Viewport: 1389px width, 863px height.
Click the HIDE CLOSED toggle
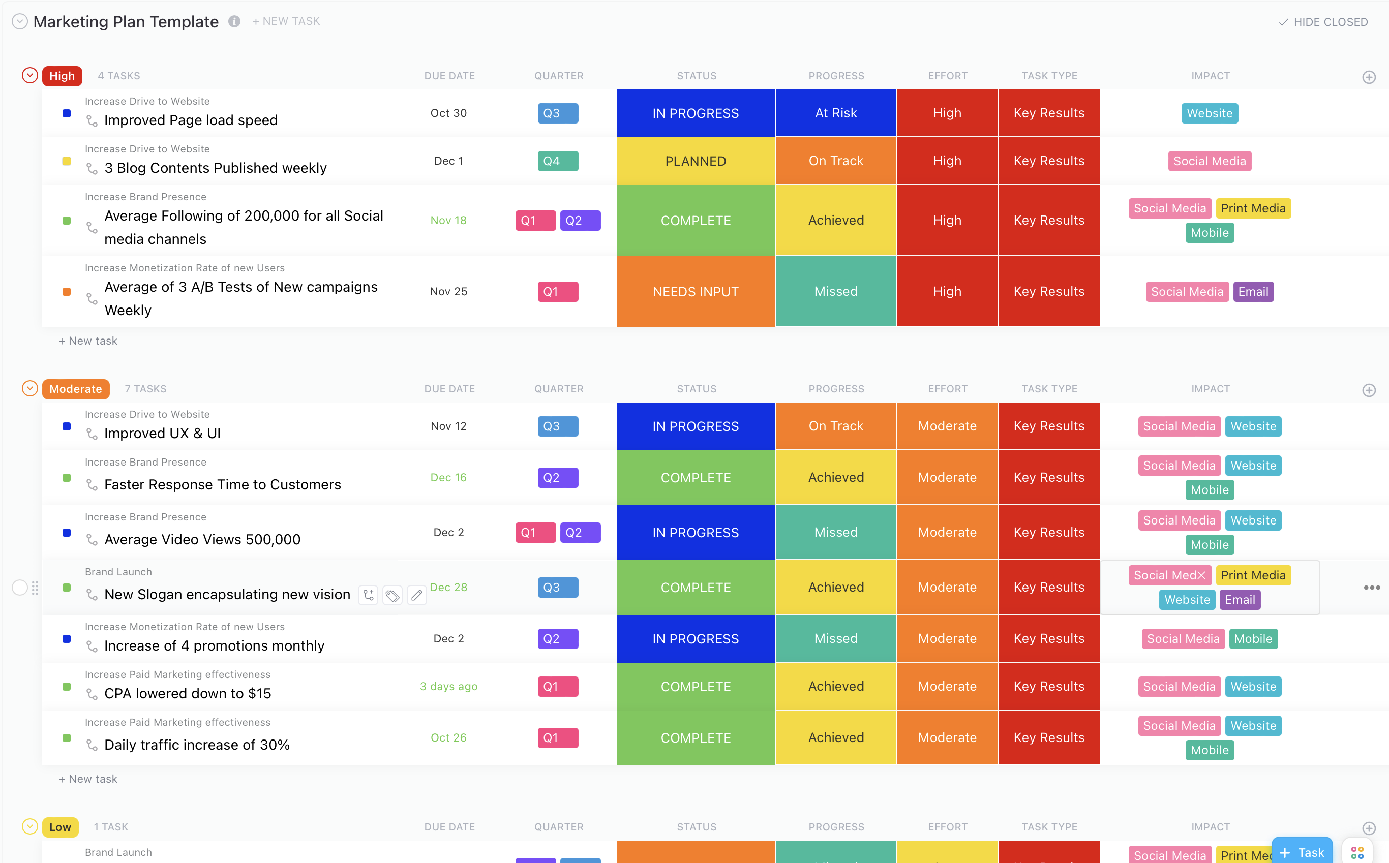(1323, 22)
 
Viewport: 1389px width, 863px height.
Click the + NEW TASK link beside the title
(286, 21)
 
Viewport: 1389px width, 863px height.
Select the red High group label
(62, 76)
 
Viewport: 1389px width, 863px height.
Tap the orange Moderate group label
(75, 389)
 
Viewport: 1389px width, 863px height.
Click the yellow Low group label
(60, 826)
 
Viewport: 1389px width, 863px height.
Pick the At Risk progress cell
(836, 113)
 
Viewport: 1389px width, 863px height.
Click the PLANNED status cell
(696, 161)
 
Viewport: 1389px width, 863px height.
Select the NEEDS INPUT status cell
(696, 292)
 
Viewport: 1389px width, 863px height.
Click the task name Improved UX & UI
(162, 433)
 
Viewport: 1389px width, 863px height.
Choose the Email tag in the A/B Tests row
(1253, 292)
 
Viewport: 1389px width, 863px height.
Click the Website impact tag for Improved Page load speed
(1209, 113)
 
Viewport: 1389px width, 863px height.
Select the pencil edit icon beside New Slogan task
(417, 595)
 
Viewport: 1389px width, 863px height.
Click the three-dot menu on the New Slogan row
(1371, 588)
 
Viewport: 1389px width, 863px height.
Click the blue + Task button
(1302, 852)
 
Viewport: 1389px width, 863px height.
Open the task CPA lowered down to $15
(187, 693)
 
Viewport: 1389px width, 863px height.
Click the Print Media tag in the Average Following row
(1253, 208)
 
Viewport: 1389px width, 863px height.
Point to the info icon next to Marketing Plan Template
(234, 21)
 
